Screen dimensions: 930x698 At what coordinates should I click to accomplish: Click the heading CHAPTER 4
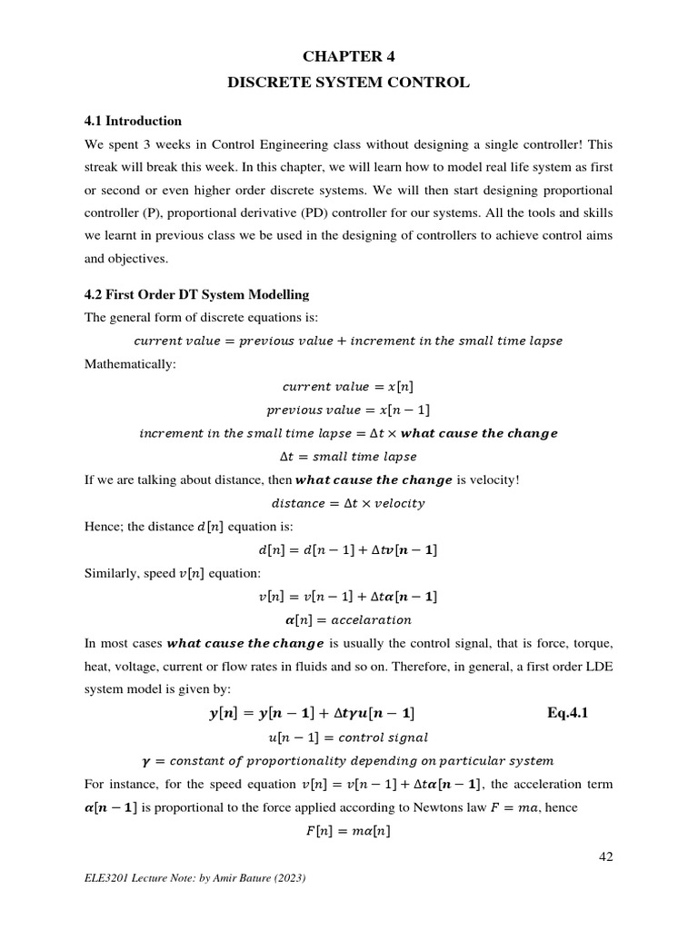(x=348, y=56)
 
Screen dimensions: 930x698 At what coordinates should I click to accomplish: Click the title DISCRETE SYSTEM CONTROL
(x=348, y=83)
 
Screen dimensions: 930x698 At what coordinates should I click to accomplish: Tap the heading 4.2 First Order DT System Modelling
(x=196, y=295)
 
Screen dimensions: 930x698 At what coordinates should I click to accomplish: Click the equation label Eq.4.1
(x=568, y=713)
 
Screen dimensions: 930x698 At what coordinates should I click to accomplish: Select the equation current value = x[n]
(x=348, y=387)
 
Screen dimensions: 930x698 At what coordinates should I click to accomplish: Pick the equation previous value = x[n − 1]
(x=348, y=411)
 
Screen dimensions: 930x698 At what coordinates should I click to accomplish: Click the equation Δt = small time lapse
(x=348, y=457)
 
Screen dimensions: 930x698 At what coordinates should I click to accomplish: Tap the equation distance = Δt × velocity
(x=348, y=503)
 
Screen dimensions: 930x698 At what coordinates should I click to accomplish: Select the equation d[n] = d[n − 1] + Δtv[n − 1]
(x=348, y=550)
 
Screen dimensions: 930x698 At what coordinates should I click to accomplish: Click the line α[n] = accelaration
(x=348, y=620)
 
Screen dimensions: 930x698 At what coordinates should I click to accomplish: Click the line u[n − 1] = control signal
(x=348, y=737)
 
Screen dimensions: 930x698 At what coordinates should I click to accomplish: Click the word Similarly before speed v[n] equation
(x=113, y=573)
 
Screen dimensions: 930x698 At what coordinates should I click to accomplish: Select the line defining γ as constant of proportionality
(x=348, y=760)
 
